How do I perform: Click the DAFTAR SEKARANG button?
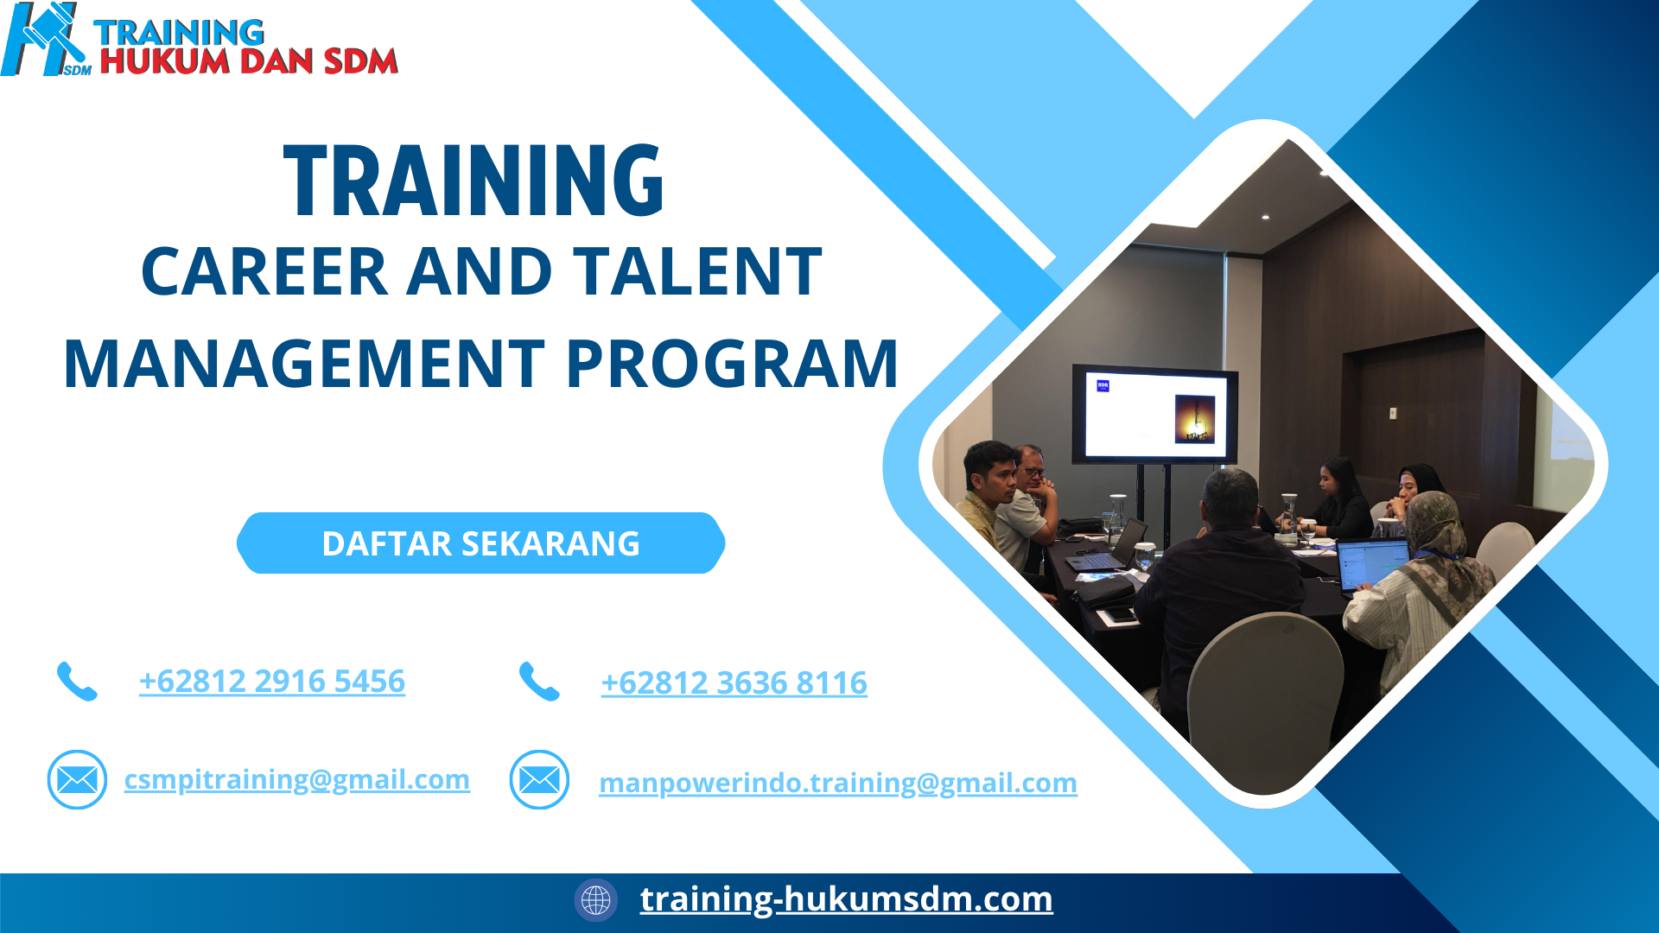[x=480, y=543]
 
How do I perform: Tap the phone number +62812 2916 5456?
[x=271, y=682]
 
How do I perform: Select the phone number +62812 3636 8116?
[x=734, y=683]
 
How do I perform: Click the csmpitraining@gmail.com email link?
[x=296, y=779]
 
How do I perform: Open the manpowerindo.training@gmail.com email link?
[x=837, y=783]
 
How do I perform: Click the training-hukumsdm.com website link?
[x=846, y=899]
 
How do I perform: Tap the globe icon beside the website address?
[x=595, y=900]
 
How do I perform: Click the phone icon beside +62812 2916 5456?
[x=77, y=682]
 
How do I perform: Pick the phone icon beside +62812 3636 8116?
[x=539, y=682]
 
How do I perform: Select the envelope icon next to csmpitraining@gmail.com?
[x=77, y=780]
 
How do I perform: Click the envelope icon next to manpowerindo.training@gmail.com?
[x=539, y=780]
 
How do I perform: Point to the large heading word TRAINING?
[x=474, y=181]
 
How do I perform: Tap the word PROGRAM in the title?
[x=732, y=364]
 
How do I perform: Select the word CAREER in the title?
[x=264, y=272]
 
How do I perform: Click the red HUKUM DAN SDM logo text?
[x=249, y=61]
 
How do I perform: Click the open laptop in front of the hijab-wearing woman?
[x=1372, y=563]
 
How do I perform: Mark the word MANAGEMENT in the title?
[x=303, y=364]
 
